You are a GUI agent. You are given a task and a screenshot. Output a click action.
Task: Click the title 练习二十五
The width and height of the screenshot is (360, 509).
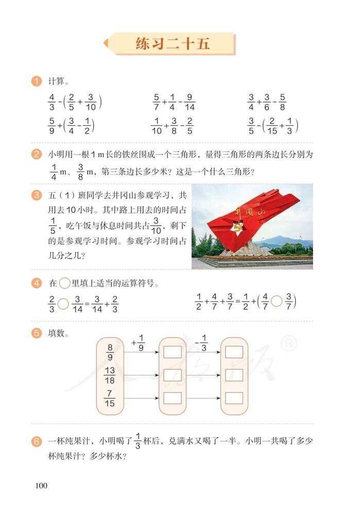[x=173, y=44]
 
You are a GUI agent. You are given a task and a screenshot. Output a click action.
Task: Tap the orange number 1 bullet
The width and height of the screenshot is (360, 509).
[x=36, y=81]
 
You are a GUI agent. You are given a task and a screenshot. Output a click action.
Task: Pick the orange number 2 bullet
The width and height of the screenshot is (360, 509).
[x=36, y=154]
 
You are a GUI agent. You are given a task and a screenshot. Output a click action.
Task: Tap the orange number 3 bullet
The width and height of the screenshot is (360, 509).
[x=36, y=195]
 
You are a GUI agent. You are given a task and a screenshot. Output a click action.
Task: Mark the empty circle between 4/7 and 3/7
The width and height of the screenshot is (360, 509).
[x=277, y=300]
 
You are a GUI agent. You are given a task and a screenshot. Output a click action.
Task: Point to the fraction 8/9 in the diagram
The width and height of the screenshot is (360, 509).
[x=110, y=353]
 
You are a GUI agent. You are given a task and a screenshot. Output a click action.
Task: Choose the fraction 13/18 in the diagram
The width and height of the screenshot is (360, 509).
[x=110, y=376]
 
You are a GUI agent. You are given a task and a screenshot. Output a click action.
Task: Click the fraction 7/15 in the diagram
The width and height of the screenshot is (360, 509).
[x=110, y=399]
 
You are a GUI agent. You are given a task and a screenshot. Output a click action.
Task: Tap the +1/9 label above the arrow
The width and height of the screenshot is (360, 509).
[x=138, y=341]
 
